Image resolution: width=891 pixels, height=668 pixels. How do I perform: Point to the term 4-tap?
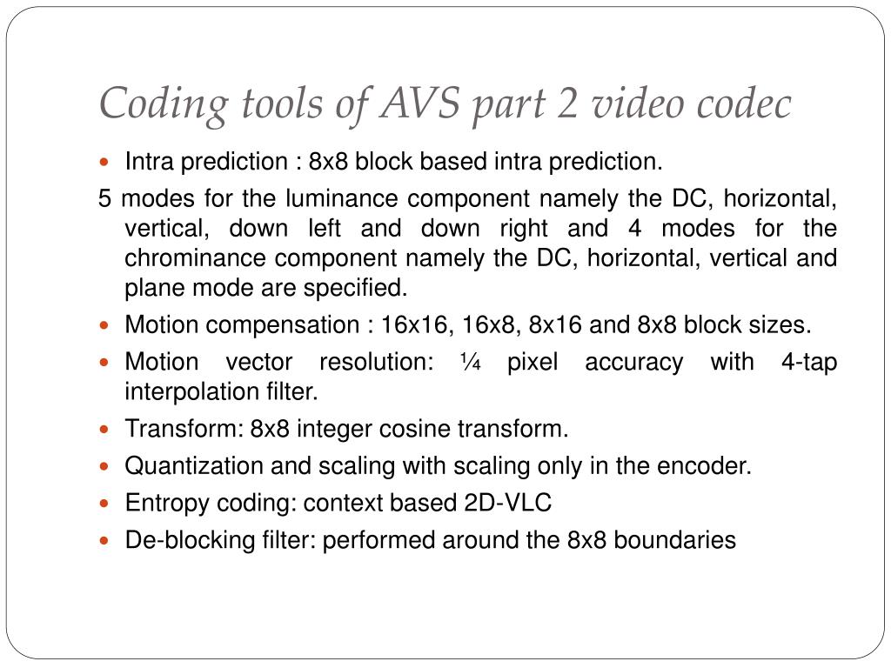808,362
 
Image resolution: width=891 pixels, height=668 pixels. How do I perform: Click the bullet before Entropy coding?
106,504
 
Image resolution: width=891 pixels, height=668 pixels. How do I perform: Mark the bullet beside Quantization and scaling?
106,466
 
